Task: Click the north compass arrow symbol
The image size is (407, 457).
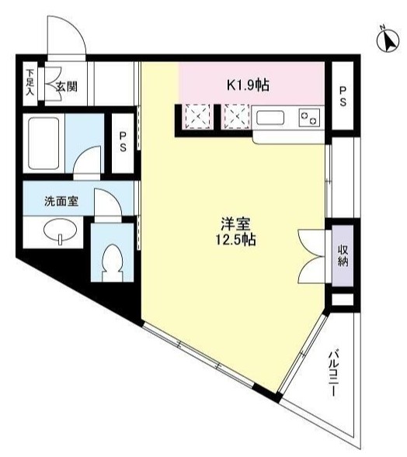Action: (388, 40)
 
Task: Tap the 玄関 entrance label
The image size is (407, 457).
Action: (67, 87)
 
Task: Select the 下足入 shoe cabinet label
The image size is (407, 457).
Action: (30, 82)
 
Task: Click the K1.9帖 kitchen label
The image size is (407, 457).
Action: (249, 85)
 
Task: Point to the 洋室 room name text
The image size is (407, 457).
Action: (235, 225)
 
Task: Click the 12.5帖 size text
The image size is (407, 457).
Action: (236, 240)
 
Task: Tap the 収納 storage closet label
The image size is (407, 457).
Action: (343, 256)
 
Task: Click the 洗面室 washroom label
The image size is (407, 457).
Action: (61, 201)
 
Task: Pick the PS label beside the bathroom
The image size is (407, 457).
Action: (123, 143)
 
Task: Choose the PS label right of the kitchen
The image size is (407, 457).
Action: (343, 96)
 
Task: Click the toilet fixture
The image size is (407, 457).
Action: (112, 263)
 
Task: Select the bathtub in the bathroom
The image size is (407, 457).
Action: (43, 143)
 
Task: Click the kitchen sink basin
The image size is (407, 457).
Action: (270, 118)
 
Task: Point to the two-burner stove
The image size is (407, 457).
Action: (310, 117)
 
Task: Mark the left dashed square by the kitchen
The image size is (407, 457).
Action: (198, 117)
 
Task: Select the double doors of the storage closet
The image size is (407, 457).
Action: (311, 256)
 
